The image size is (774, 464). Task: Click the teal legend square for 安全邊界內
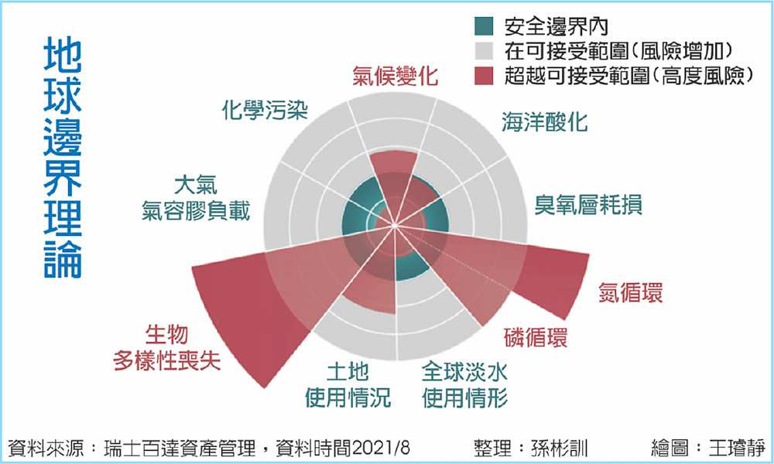[484, 26]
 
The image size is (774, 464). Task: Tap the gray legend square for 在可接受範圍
[484, 51]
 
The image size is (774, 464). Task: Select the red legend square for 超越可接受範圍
[484, 76]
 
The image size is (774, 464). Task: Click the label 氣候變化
[395, 76]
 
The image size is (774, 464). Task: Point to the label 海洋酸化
[544, 121]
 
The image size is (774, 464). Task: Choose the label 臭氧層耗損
[588, 204]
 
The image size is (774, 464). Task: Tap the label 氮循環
[630, 292]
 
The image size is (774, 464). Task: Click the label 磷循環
[536, 337]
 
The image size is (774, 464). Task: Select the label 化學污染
[265, 110]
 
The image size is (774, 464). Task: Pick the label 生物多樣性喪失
[167, 348]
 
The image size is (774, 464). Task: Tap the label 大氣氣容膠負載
[196, 198]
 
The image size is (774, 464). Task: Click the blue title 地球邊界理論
[63, 158]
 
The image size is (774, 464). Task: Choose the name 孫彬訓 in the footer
[560, 449]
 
